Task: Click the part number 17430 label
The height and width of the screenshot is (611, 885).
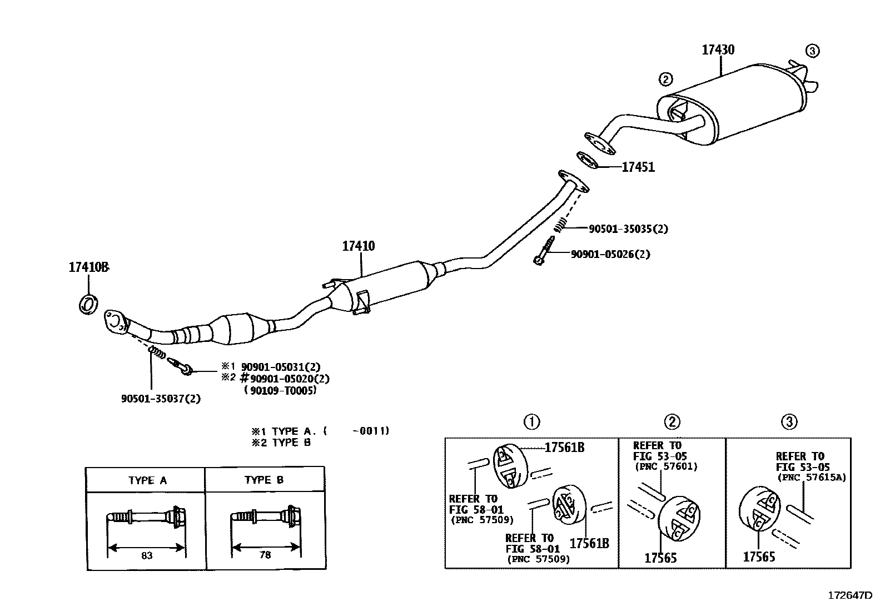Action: coord(718,50)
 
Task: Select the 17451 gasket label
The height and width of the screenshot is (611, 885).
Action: coord(638,167)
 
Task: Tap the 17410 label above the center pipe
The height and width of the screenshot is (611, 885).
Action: coord(358,246)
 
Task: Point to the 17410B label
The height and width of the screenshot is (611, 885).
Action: coord(88,267)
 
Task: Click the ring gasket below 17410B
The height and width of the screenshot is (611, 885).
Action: coord(88,304)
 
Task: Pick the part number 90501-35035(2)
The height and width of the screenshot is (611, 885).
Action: coord(628,228)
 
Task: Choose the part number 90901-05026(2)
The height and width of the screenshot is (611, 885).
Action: coord(610,254)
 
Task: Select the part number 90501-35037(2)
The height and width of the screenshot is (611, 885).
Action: coord(161,399)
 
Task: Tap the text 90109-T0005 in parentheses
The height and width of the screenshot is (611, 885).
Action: coord(280,390)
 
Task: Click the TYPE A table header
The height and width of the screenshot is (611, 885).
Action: coord(147,480)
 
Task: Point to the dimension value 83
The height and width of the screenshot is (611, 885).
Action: coord(147,555)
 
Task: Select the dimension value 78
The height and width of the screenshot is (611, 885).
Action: coord(265,555)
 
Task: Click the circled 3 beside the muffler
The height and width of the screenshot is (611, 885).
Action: coord(812,51)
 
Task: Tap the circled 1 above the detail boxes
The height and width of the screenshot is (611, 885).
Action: coord(532,422)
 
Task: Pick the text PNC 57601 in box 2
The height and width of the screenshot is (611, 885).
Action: coord(666,467)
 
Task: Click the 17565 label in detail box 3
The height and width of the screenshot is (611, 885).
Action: coord(759,557)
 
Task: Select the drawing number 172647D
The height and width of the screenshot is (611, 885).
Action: coord(850,595)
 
